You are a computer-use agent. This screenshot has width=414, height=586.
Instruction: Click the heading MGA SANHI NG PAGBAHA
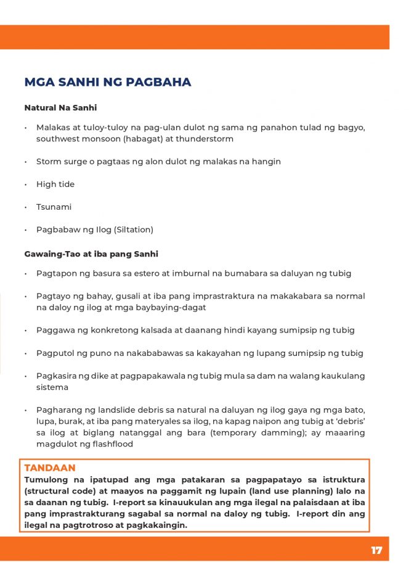107,83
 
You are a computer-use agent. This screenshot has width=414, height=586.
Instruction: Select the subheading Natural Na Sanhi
60,107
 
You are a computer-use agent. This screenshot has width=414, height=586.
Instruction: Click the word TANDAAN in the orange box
50,468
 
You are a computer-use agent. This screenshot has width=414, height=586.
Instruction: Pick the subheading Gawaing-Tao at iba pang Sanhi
91,254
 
